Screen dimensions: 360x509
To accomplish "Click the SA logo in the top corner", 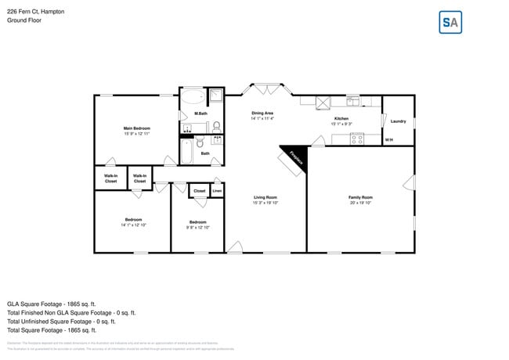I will click(x=449, y=23).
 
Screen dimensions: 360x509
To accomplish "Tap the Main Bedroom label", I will click(x=136, y=128).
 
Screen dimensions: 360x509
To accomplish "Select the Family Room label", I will click(x=360, y=197).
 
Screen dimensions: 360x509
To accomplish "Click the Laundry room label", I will click(x=398, y=121).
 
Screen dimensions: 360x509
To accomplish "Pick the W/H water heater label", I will click(x=388, y=140).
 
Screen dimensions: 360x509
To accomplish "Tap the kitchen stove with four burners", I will click(x=323, y=101).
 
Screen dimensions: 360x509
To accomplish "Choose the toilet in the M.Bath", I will click(x=216, y=124).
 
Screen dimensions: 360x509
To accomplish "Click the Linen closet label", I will click(x=217, y=190).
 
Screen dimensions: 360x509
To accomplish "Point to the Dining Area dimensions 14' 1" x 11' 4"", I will click(x=262, y=119).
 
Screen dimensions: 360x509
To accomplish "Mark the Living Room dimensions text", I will click(x=265, y=203).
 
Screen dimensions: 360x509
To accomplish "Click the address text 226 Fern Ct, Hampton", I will click(x=36, y=12).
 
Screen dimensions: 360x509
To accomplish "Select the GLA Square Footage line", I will click(x=52, y=303).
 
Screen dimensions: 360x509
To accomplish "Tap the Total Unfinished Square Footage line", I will click(x=61, y=321).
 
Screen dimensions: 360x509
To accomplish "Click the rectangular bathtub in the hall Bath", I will click(x=186, y=151).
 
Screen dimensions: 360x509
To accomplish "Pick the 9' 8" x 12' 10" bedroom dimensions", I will click(x=198, y=227).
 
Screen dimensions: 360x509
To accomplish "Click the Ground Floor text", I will click(x=24, y=20).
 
